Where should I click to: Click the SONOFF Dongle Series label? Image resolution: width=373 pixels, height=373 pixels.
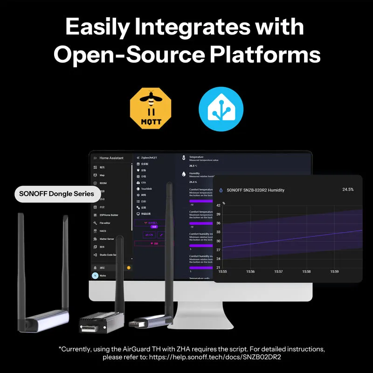[56, 193]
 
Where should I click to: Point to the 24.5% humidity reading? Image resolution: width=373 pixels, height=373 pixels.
[348, 190]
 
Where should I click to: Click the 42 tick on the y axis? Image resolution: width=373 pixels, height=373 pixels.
[218, 205]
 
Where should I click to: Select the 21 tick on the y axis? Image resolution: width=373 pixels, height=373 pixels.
[218, 267]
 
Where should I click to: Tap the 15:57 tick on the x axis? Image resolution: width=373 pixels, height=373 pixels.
[278, 271]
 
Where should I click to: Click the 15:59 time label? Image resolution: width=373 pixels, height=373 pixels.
[334, 271]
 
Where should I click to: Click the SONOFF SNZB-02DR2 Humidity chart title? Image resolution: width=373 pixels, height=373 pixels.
[255, 190]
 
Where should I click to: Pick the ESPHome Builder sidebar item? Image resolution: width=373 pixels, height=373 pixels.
[109, 215]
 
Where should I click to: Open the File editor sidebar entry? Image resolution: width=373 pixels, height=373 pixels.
[105, 223]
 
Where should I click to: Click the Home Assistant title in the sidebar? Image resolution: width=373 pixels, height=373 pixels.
[111, 158]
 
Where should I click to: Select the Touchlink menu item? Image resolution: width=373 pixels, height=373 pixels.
[146, 189]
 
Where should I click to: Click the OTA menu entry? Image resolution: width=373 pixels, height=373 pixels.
[144, 183]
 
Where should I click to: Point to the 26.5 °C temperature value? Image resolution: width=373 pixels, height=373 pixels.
[193, 166]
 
